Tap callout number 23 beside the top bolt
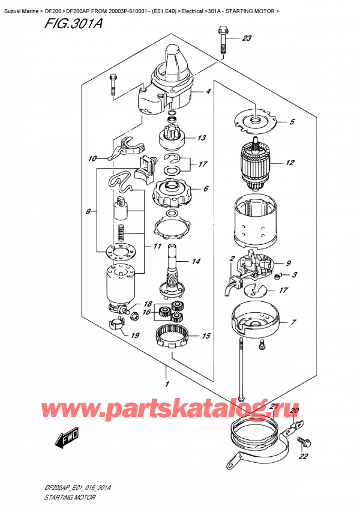[x=247, y=39]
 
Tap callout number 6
[x=206, y=188]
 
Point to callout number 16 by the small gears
[x=146, y=313]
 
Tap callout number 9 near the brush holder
[x=289, y=262]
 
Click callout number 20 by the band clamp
[x=293, y=411]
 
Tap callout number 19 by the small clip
[x=136, y=336]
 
